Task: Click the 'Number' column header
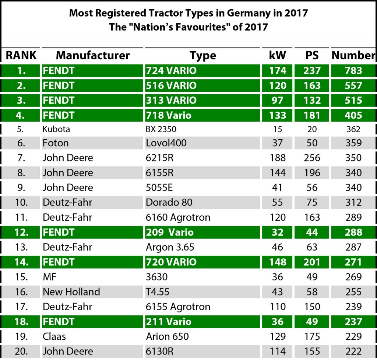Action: click(x=353, y=55)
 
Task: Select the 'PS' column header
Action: click(x=312, y=55)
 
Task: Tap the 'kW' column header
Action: click(x=277, y=55)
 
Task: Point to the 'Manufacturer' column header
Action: click(x=93, y=55)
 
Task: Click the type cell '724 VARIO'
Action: click(x=171, y=70)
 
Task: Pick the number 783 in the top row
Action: click(x=353, y=70)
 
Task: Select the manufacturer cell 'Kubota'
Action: click(x=56, y=129)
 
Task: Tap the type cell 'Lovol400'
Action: click(x=166, y=143)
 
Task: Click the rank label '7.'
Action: click(x=21, y=158)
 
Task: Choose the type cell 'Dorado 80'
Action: click(x=169, y=202)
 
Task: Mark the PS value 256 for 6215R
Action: click(x=312, y=158)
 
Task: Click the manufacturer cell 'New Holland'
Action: click(x=71, y=292)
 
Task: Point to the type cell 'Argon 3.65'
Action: click(x=170, y=247)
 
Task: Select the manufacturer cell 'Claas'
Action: click(x=54, y=336)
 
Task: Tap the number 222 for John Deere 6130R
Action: click(x=353, y=352)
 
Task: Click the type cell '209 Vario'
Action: click(x=170, y=232)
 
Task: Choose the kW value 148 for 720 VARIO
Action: click(x=277, y=262)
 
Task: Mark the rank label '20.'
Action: click(x=21, y=352)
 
